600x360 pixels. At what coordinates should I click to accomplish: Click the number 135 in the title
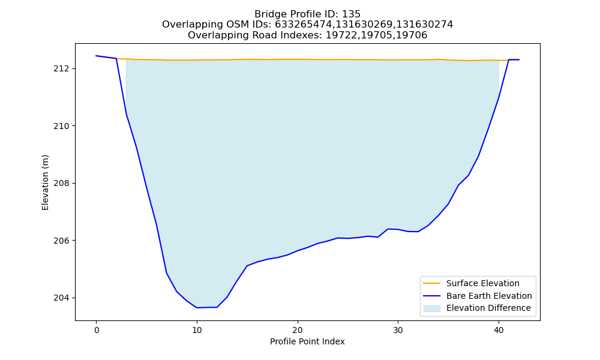tap(351, 14)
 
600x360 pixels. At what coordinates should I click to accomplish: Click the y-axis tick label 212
tap(61, 69)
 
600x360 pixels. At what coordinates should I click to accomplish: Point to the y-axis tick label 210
tap(61, 126)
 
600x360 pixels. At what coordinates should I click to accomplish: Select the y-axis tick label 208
tap(61, 183)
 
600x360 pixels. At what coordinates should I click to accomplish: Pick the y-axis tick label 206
tap(61, 241)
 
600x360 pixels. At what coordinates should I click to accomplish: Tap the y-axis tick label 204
tap(61, 298)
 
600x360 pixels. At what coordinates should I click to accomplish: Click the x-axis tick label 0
tap(97, 331)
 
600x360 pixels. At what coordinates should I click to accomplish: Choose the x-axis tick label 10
tap(197, 331)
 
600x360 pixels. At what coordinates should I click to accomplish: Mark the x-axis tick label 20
tap(298, 331)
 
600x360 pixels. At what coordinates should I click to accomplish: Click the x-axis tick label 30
tap(398, 331)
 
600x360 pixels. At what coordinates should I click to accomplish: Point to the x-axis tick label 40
tap(499, 331)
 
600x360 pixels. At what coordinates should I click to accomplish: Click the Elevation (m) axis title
tap(45, 182)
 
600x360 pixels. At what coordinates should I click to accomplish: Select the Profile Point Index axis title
tap(307, 341)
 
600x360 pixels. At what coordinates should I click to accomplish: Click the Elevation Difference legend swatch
tap(431, 308)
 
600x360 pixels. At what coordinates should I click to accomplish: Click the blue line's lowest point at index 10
tap(197, 308)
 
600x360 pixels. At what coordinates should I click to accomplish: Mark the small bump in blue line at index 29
tap(388, 229)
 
